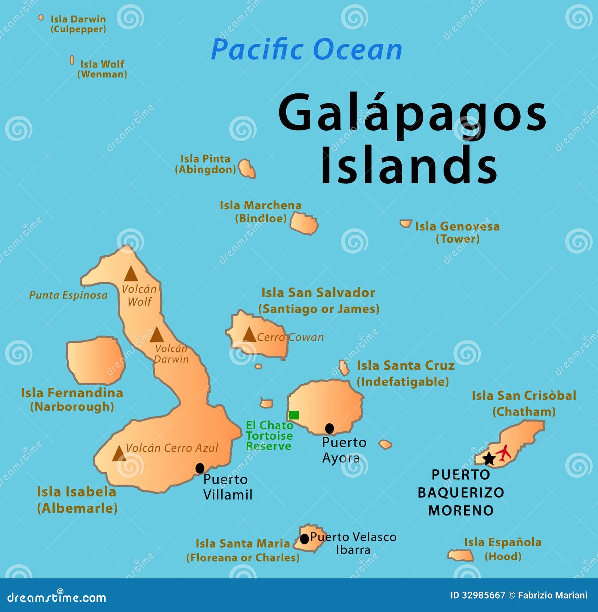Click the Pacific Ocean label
(x=306, y=49)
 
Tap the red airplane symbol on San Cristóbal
(x=504, y=452)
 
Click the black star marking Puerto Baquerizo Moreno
(x=488, y=459)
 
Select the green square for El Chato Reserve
(x=294, y=415)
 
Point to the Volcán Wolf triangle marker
(x=131, y=274)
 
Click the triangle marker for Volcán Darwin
(x=157, y=336)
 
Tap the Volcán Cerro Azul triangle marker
(x=119, y=454)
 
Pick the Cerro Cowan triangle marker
(x=249, y=335)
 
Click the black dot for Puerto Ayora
(x=329, y=428)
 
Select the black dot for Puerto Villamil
(x=200, y=468)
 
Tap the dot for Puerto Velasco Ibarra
(x=305, y=539)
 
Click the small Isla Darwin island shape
(x=41, y=18)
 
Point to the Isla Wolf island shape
(x=72, y=60)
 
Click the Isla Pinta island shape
(x=247, y=169)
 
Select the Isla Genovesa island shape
(x=406, y=223)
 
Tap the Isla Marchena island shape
(x=304, y=223)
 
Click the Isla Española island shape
(x=461, y=555)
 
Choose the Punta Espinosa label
(x=68, y=295)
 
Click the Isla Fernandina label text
(x=72, y=393)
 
